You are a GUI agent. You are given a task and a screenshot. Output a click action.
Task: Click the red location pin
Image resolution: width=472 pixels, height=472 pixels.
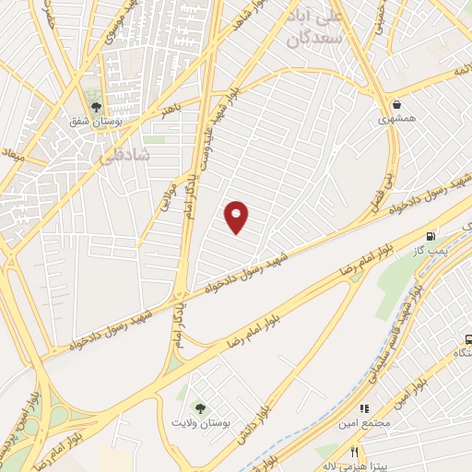point(237,216)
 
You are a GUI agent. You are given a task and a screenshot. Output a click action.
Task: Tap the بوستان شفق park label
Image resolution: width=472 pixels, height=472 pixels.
point(96,120)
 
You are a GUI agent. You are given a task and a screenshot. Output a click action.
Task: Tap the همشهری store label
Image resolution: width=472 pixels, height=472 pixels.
point(397,120)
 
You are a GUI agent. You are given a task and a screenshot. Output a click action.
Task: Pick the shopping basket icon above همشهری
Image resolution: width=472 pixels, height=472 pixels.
point(397,105)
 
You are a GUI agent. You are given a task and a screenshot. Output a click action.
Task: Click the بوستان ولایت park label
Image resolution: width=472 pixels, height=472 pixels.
point(198,421)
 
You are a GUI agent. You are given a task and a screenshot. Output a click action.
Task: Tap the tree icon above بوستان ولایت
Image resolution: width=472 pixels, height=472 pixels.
point(198,407)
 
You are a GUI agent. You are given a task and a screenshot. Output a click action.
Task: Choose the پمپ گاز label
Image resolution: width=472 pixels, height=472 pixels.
point(431,250)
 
